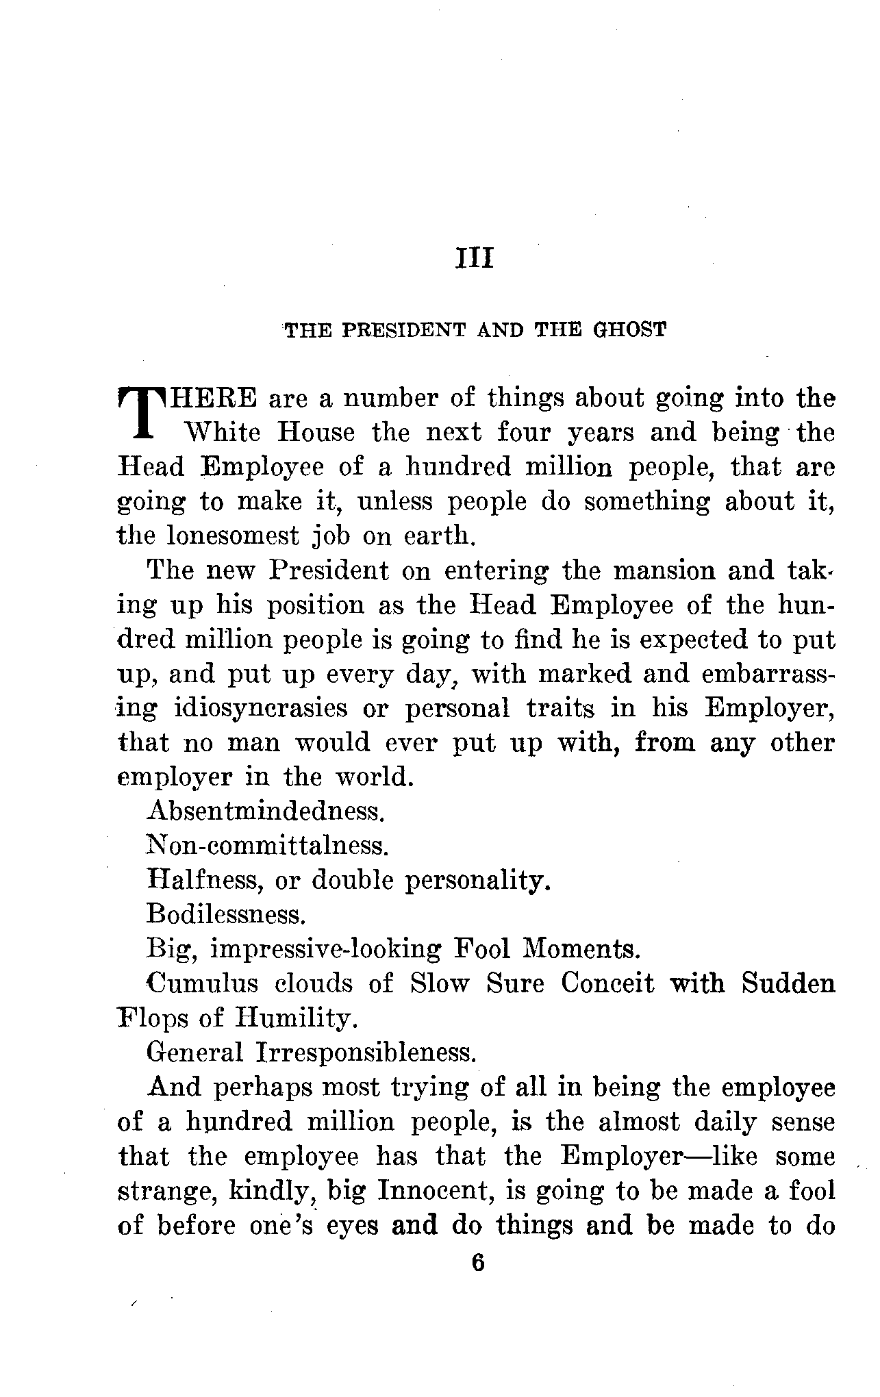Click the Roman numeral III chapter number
pos(474,260)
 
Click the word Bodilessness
pos(225,915)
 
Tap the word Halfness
pos(205,881)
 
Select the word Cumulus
pos(202,983)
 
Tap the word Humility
pos(296,1018)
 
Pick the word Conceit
pos(607,983)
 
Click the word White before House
pos(223,433)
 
